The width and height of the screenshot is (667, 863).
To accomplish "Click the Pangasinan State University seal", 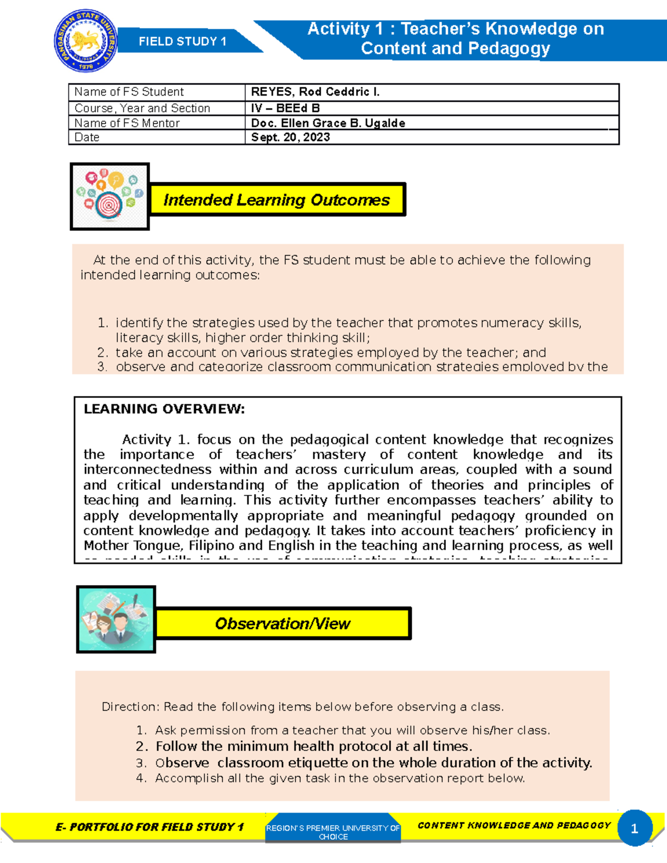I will pyautogui.click(x=86, y=42).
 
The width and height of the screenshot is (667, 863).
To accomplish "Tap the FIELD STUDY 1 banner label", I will pyautogui.click(x=182, y=42).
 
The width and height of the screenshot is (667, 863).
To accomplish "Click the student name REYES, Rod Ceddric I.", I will pyautogui.click(x=315, y=92).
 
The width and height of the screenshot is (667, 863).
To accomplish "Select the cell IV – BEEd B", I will pyautogui.click(x=285, y=108).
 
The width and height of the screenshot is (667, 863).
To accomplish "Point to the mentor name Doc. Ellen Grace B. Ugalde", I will pyautogui.click(x=328, y=123).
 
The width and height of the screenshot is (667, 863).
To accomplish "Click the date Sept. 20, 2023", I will pyautogui.click(x=291, y=137).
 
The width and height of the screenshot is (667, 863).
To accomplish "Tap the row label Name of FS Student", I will pyautogui.click(x=129, y=92).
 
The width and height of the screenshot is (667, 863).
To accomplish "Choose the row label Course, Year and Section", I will pyautogui.click(x=142, y=108).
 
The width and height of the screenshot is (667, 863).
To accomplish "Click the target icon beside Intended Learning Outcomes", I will pyautogui.click(x=110, y=196).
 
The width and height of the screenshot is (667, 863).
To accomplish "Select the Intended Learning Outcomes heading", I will pyautogui.click(x=277, y=199).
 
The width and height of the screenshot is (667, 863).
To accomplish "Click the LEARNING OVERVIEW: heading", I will pyautogui.click(x=164, y=409).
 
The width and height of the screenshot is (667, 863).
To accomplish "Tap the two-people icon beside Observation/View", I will pyautogui.click(x=116, y=618).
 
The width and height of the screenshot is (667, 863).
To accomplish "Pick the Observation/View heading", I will pyautogui.click(x=282, y=623).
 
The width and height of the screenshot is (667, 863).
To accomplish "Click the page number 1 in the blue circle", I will pyautogui.click(x=634, y=829).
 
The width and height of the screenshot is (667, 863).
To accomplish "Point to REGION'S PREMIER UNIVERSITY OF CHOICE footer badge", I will pyautogui.click(x=333, y=831).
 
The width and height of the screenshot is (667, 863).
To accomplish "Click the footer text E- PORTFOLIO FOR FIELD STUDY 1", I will pyautogui.click(x=150, y=827).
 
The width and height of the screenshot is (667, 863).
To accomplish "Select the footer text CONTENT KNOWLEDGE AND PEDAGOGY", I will pyautogui.click(x=514, y=825).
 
